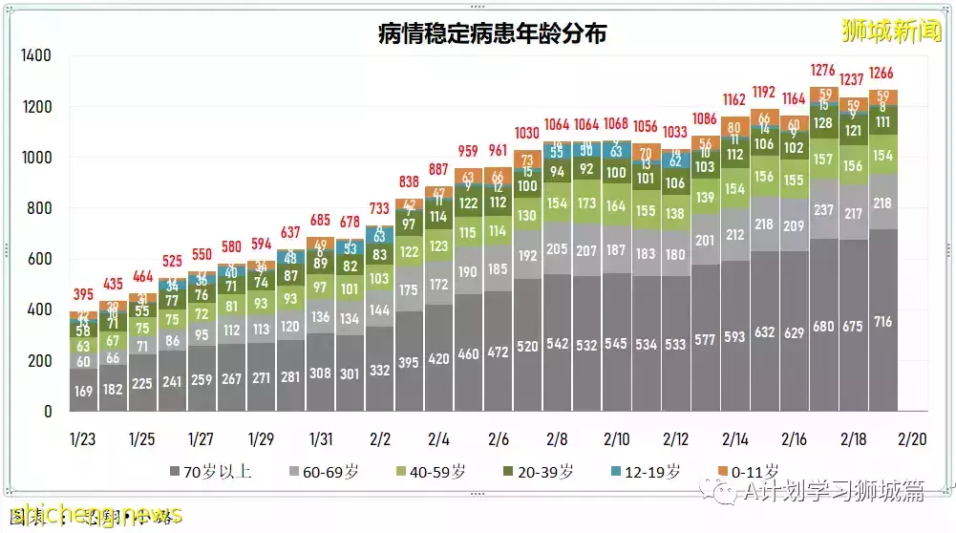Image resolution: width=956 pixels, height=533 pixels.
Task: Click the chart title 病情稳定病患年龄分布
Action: click(492, 34)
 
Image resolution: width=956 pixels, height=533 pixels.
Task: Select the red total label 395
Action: click(83, 294)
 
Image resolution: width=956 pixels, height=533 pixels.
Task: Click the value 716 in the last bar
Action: click(882, 323)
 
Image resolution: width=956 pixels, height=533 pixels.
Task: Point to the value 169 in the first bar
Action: click(83, 390)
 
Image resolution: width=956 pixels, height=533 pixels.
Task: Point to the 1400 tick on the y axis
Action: click(35, 56)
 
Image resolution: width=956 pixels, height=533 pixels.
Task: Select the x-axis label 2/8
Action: click(557, 439)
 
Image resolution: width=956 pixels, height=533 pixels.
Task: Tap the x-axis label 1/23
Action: click(83, 439)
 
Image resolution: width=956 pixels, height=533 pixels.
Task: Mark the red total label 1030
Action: click(527, 133)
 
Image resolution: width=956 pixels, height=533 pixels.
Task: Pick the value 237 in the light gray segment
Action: click(823, 211)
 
